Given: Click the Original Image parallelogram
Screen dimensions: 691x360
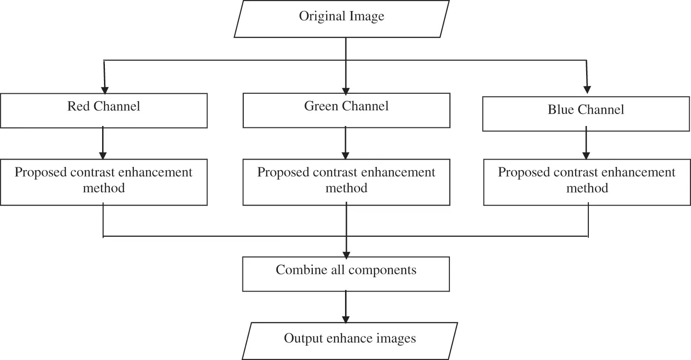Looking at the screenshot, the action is coord(341,19).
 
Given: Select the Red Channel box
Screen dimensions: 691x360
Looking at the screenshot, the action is coord(104,111).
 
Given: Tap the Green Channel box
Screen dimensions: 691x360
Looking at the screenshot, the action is coord(346,110).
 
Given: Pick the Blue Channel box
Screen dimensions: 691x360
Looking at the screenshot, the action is coord(586,114).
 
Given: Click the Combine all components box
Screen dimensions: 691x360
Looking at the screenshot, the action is coord(346,274).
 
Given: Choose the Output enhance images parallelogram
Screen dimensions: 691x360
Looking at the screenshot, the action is coord(350,341).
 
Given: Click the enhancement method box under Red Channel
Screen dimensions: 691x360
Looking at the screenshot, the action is coord(104,182).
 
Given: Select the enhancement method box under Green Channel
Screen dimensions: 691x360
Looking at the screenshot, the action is coord(346,182).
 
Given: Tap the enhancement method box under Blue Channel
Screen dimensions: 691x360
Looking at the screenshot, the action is coord(587,182).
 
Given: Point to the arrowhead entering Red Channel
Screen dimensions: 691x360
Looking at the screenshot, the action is coord(105,90).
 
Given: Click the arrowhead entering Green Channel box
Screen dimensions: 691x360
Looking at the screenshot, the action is coord(346,91).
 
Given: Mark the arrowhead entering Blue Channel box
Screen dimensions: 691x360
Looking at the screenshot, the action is coord(587,90).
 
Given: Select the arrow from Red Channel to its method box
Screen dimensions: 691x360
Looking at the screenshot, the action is coord(103,143).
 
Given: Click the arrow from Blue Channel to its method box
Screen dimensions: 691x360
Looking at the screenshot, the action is coord(586,143).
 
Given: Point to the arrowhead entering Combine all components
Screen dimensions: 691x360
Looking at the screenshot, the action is coord(346,255).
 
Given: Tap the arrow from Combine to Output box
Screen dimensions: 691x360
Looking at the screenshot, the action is coord(346,307).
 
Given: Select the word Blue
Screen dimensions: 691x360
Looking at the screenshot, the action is coord(560,109).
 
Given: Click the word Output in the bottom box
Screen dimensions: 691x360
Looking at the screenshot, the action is coord(303,338).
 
